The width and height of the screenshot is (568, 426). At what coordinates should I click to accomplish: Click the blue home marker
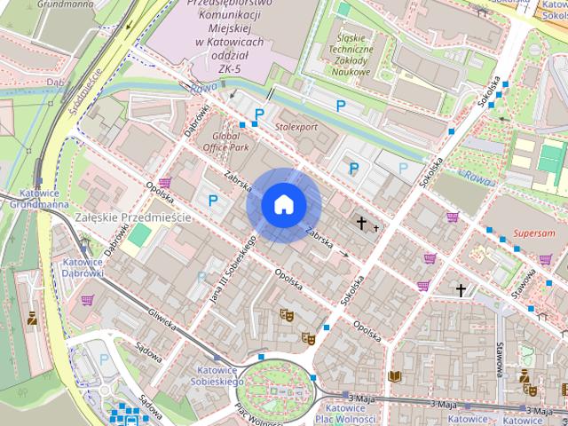click(283, 204)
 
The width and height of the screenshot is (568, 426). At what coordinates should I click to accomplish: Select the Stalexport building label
click(296, 127)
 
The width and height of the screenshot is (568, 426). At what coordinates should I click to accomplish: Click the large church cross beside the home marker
click(362, 223)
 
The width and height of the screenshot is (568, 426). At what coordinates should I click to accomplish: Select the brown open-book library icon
click(395, 377)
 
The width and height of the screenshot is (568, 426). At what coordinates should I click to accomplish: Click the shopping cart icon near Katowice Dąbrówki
click(87, 300)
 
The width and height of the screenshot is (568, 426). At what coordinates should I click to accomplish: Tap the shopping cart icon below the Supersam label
click(545, 260)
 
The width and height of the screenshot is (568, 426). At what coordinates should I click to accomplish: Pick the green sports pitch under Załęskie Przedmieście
click(138, 235)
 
